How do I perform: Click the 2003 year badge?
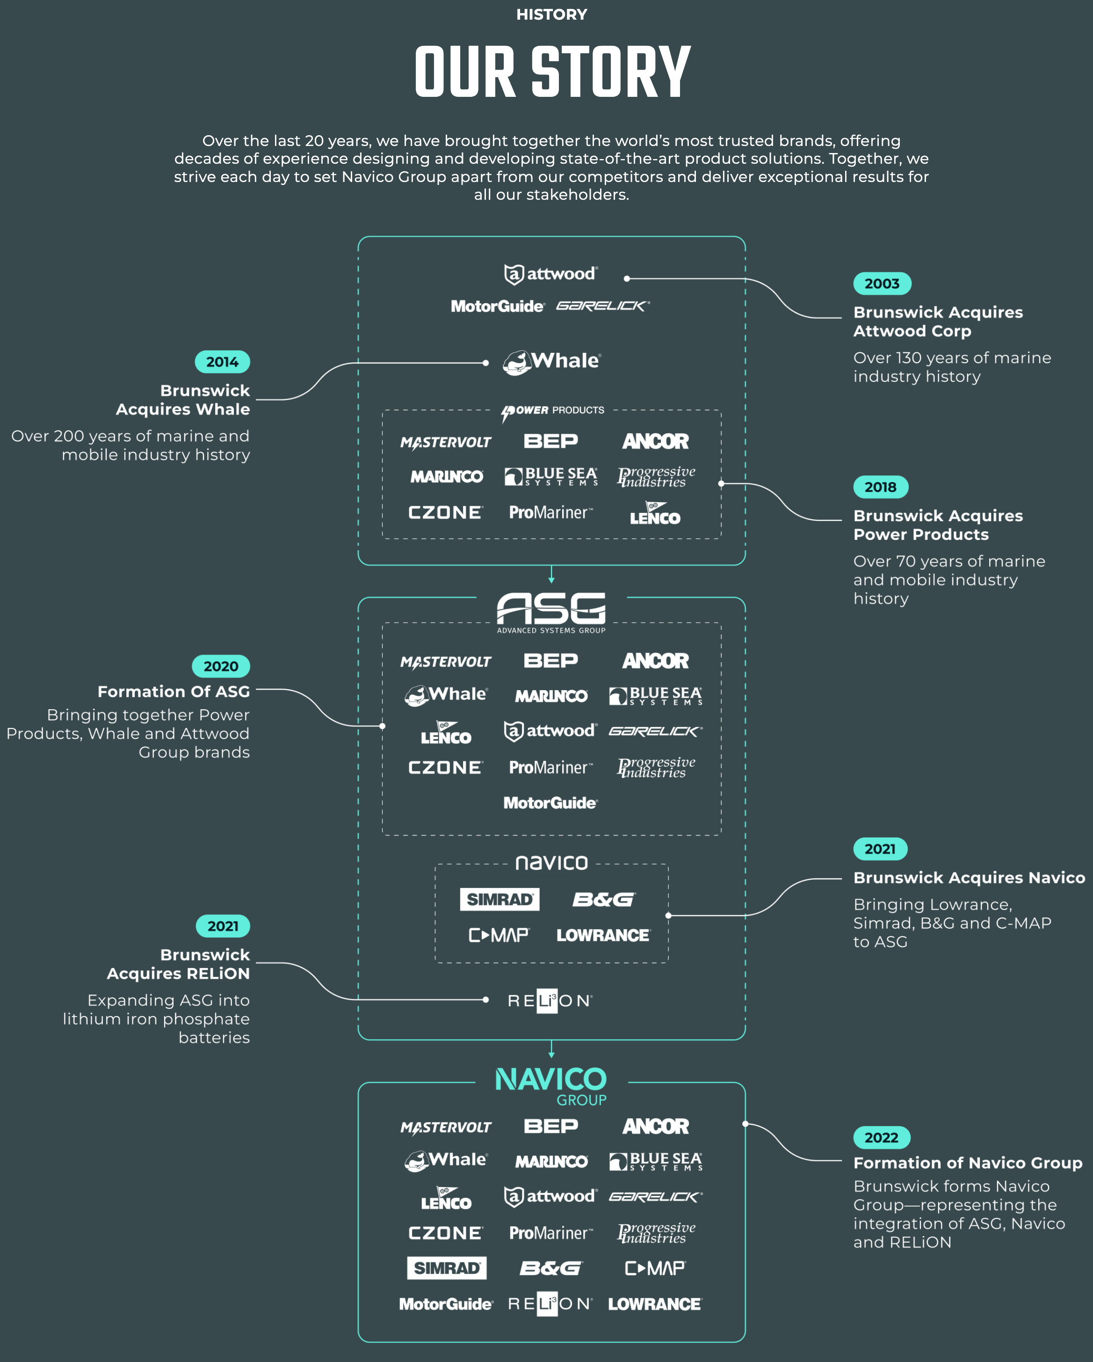tap(882, 284)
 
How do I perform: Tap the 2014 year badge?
tap(222, 362)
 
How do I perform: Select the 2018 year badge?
tap(880, 487)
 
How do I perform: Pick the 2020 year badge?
tap(221, 666)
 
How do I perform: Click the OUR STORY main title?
tap(552, 72)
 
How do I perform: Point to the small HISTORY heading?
tap(551, 15)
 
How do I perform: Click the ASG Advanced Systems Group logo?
tap(551, 612)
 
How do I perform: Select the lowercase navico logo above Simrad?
tap(551, 863)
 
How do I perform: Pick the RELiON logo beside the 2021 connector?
tap(550, 1001)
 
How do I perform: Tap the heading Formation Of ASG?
tap(174, 692)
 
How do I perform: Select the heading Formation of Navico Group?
tap(967, 1163)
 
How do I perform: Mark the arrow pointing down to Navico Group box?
tap(551, 1049)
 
